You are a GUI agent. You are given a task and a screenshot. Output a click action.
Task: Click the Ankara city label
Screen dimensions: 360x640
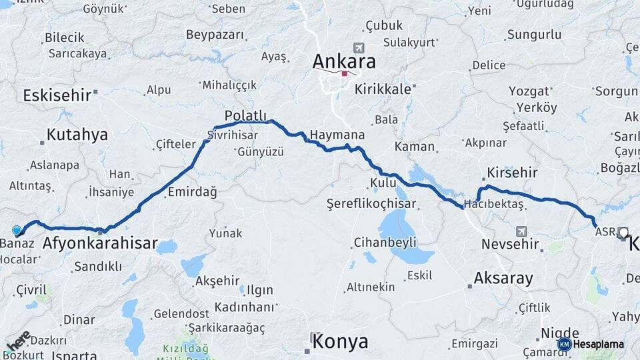(343, 61)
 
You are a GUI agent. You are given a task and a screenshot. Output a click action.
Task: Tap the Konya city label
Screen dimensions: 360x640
(340, 342)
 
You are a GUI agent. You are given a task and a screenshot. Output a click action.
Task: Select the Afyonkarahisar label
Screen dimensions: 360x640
(100, 243)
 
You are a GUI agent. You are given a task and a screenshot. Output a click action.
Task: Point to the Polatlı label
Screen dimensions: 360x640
(245, 115)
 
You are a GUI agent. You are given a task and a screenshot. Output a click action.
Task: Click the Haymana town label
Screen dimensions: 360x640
(337, 134)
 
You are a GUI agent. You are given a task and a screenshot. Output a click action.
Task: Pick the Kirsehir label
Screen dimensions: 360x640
(512, 173)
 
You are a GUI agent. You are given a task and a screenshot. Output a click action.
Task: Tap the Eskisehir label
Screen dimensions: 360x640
(57, 95)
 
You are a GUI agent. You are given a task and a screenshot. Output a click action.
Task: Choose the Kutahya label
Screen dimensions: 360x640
(77, 135)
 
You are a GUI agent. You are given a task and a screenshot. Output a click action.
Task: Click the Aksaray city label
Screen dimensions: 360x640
(503, 278)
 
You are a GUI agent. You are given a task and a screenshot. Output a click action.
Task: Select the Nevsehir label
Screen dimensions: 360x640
(510, 244)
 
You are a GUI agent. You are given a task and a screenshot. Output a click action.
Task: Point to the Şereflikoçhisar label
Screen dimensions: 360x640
(371, 203)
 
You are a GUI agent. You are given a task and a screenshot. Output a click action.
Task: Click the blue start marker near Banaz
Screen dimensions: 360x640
(17, 230)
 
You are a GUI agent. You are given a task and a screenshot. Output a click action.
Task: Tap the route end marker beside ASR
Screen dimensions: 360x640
(623, 233)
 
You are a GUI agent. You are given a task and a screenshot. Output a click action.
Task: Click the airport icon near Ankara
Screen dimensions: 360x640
(360, 48)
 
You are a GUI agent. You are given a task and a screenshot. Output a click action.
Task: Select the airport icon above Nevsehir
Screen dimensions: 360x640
(521, 231)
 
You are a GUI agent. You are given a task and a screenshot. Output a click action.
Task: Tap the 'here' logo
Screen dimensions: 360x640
(18, 341)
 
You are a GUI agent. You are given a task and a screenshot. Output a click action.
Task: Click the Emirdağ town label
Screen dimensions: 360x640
(193, 192)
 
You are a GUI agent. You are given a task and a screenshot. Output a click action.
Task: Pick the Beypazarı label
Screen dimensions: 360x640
(211, 35)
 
